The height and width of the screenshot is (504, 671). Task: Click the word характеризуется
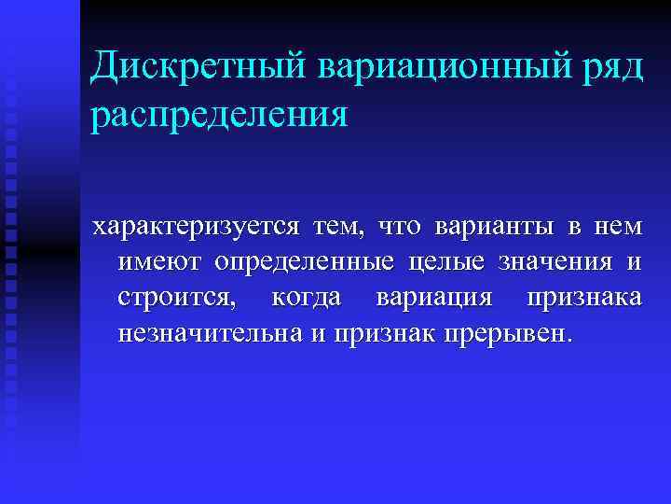(197, 228)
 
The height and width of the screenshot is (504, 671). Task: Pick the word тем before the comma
(342, 228)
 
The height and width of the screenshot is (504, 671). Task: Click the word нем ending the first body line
(616, 228)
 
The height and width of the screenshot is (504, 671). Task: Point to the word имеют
(159, 263)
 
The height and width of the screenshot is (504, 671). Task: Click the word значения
(557, 264)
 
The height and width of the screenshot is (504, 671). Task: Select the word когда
(306, 299)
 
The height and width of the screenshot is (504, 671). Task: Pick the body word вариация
(433, 299)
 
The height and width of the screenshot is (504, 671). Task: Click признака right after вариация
(584, 299)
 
